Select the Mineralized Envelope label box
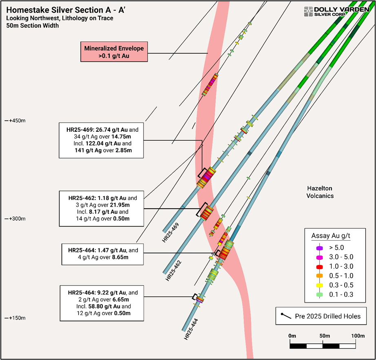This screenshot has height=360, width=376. pos(114,52)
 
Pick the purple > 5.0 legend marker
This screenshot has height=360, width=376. pos(320,248)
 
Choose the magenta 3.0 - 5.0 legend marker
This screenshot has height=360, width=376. pos(320,257)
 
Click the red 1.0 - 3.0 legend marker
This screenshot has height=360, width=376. pos(320,267)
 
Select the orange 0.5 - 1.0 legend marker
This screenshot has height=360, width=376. pos(320,276)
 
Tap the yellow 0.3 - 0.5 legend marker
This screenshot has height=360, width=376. pos(320,285)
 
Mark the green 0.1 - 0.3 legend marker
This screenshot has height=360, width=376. pos(320,295)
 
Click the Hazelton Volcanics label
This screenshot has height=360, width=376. pos(320,192)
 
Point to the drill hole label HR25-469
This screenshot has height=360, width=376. pos(170,233)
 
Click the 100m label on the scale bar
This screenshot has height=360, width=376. pos(358,336)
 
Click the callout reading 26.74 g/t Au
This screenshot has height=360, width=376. pos(102,140)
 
